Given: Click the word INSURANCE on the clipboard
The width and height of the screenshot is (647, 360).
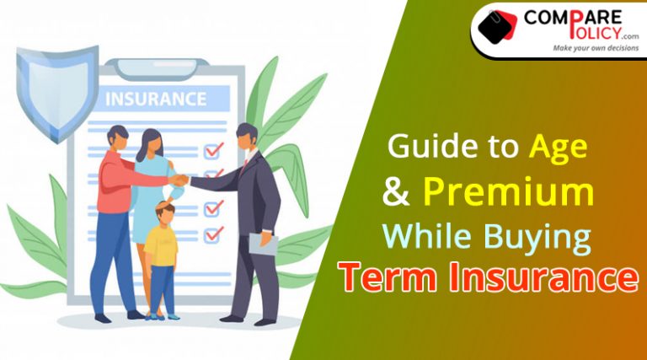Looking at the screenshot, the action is pos(156,99).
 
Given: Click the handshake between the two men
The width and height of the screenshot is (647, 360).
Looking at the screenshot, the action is pos(179,180).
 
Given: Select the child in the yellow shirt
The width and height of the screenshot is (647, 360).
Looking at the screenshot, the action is pos(163,260).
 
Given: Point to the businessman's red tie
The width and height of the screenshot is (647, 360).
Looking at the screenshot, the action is pos(245,164).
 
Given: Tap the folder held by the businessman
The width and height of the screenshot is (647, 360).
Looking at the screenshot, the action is pos(263,244).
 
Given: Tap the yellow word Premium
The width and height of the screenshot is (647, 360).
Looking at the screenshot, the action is pos(508,192).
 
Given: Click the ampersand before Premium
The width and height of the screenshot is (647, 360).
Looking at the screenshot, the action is pos(396,192).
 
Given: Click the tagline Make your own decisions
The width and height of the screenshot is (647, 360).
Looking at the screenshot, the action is pos(596,48).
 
